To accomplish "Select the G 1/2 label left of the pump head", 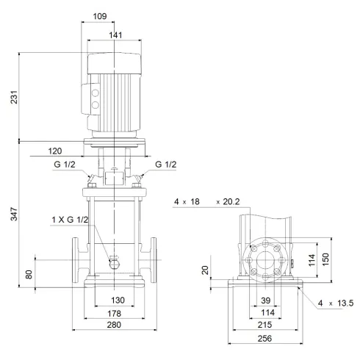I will click(63, 165).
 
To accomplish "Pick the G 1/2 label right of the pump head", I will click(166, 165).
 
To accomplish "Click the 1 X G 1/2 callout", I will click(71, 220).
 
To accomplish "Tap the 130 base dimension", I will click(115, 301).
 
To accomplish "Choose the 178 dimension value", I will click(115, 314).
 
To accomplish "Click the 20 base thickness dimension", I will click(206, 270).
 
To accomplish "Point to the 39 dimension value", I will click(265, 301).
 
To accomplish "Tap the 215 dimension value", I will click(265, 324).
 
